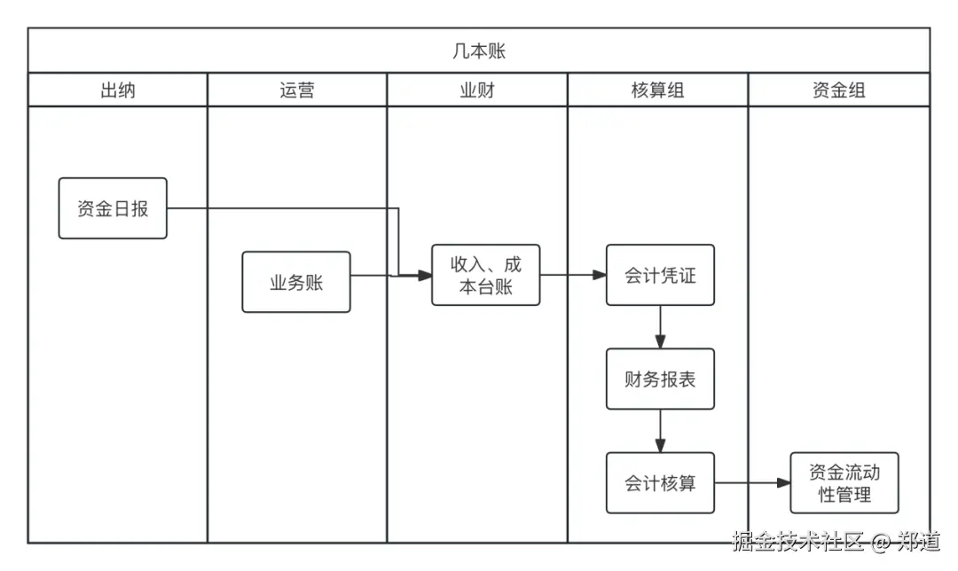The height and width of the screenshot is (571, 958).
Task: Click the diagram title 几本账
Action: click(x=479, y=51)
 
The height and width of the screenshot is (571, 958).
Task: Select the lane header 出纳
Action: click(x=118, y=90)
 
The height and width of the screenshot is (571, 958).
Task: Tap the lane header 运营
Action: click(x=296, y=90)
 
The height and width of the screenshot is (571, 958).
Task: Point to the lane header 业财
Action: click(x=476, y=90)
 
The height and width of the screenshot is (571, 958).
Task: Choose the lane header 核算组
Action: click(x=657, y=90)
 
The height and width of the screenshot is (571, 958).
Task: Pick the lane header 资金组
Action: click(x=838, y=90)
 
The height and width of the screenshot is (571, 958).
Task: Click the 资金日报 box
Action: click(x=113, y=208)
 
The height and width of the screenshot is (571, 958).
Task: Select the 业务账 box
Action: click(x=296, y=282)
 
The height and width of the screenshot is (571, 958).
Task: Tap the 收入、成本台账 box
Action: click(x=486, y=275)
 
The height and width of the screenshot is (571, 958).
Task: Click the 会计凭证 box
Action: click(x=660, y=275)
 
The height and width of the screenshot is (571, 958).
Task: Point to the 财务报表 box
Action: click(x=660, y=379)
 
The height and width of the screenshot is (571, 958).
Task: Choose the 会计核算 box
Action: click(x=660, y=483)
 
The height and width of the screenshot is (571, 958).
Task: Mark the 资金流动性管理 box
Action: click(x=844, y=483)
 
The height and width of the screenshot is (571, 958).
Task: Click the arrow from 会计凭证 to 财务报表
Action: click(x=660, y=326)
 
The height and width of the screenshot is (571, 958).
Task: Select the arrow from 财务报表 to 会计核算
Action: click(x=660, y=431)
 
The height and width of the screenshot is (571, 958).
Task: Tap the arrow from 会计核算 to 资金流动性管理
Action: click(x=752, y=483)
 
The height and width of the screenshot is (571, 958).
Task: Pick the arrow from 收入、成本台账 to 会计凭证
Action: click(x=573, y=275)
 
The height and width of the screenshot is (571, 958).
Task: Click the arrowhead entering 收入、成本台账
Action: click(x=425, y=276)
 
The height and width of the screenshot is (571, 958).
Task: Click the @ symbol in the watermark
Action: click(x=880, y=541)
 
